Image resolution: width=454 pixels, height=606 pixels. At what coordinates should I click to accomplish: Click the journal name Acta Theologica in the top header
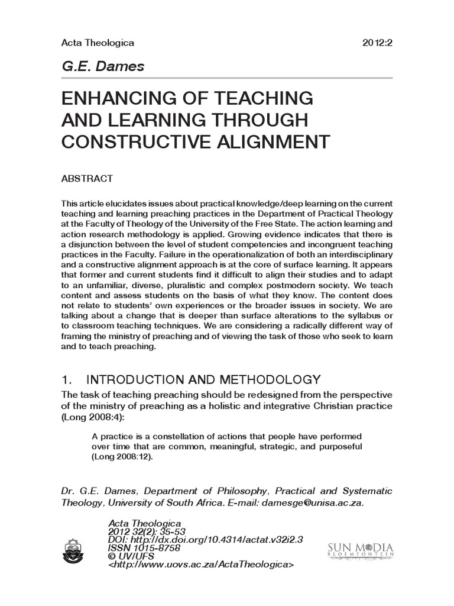click(98, 43)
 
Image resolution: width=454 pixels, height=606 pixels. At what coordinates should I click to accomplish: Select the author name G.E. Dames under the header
click(103, 66)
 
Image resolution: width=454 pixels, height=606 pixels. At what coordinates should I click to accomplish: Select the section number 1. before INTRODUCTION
click(68, 379)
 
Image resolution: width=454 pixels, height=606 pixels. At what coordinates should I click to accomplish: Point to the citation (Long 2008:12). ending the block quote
click(126, 457)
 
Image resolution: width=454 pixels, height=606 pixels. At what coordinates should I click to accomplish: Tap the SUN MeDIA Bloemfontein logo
click(359, 550)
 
